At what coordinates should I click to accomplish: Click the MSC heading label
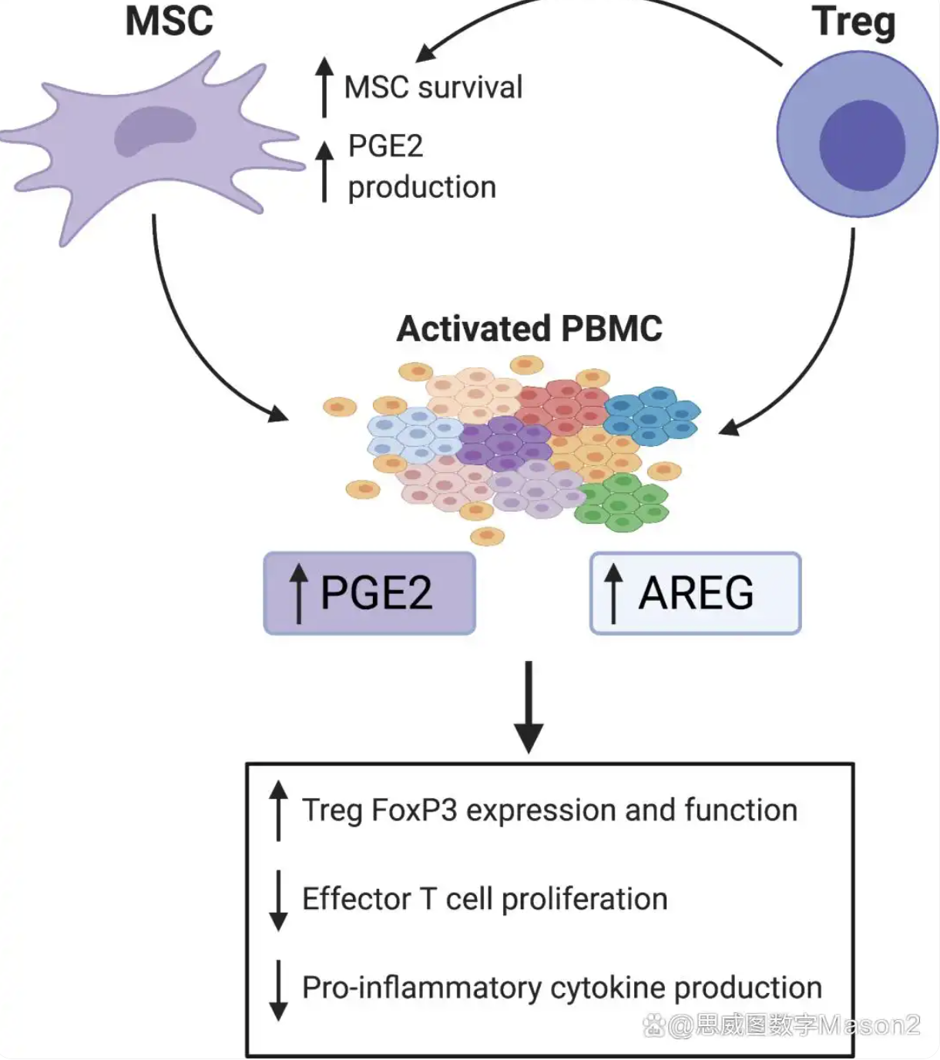(x=169, y=21)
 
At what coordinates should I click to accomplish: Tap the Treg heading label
(x=854, y=22)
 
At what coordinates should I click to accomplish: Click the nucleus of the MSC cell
(x=153, y=132)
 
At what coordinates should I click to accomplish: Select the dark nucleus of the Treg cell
(x=861, y=146)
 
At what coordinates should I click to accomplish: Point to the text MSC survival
(x=433, y=87)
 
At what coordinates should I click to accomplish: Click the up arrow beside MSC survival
(x=324, y=86)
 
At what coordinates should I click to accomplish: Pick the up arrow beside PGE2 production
(x=324, y=170)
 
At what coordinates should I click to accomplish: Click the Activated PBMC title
(x=529, y=329)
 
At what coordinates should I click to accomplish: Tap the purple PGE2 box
(x=370, y=593)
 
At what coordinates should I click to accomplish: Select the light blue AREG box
(x=696, y=593)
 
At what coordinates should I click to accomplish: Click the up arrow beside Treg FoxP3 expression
(x=278, y=810)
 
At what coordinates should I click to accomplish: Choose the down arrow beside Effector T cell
(x=278, y=900)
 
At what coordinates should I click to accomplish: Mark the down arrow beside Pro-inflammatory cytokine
(x=278, y=989)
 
